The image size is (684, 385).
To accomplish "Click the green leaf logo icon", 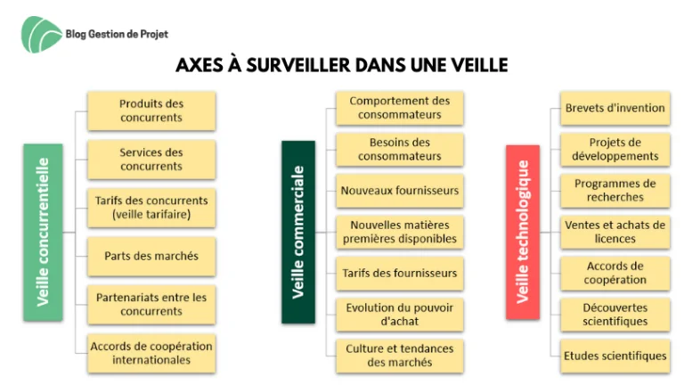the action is pos(42,35).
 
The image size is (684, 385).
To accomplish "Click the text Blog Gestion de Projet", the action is pos(117,34).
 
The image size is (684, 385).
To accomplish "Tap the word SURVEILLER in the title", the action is pos(298,65).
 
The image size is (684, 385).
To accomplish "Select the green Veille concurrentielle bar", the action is pos(43,233).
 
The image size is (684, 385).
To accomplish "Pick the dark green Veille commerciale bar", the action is pos(298,233).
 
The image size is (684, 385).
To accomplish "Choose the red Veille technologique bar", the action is pos(523,233).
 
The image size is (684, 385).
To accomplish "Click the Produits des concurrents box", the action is pos(151,111).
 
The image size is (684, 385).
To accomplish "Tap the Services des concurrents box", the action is pos(151,160).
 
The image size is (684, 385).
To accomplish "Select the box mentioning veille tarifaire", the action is pos(151,208).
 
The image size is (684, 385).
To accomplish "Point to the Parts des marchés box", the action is pos(151,257).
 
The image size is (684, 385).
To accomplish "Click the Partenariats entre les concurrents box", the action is pos(151,305).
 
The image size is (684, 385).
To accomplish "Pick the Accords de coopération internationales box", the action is pos(151,353).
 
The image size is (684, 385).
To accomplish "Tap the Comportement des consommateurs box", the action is pos(400,108).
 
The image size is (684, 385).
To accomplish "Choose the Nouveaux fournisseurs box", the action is pos(400,191).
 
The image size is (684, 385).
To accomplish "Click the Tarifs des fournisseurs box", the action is pos(400,274).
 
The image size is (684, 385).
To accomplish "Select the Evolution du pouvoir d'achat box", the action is pos(400,315).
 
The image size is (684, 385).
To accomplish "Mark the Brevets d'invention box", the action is pos(615,108).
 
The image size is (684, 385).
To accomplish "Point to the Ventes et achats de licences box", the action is pos(615,233).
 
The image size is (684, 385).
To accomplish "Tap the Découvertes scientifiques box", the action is pos(615,315).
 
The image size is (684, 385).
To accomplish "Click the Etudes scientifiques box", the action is pos(615,356).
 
